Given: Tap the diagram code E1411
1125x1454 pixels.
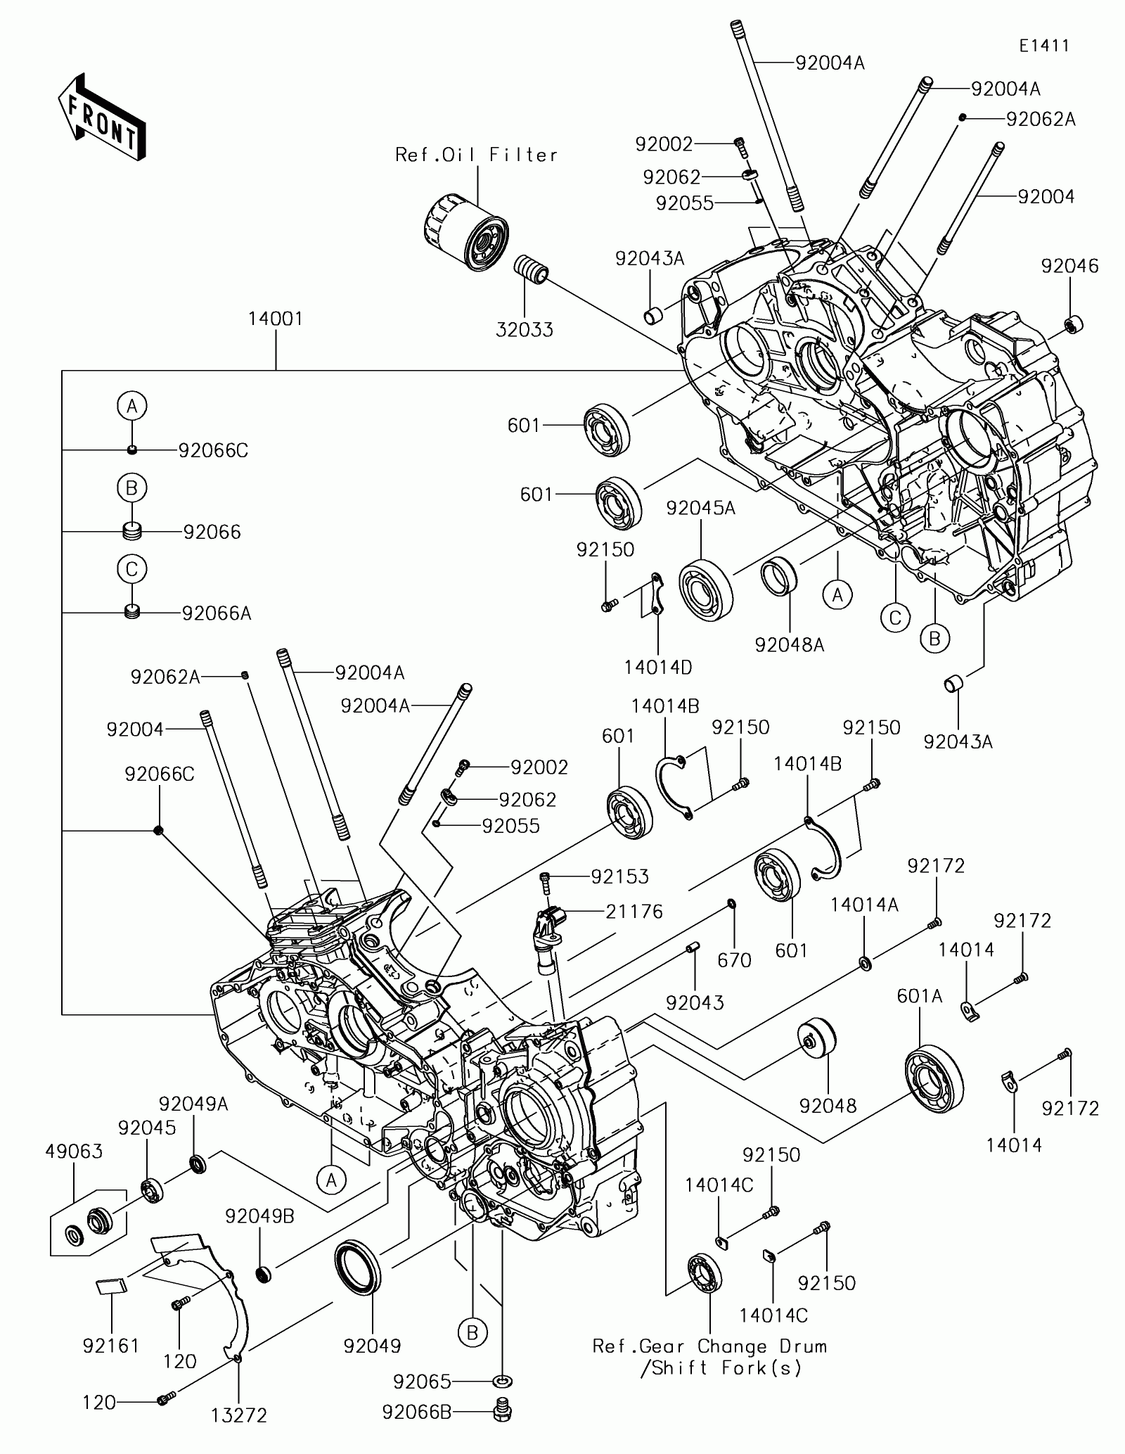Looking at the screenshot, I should tap(1045, 46).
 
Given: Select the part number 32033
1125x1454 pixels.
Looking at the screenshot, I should tap(525, 329).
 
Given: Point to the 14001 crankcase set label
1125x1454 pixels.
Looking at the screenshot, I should tap(275, 319).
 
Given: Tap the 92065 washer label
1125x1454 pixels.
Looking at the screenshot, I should tap(422, 1382).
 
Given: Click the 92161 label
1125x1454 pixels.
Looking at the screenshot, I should tap(111, 1346).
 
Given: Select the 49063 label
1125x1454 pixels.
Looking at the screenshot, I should tap(74, 1152).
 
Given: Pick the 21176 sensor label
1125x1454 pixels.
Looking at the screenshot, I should tap(635, 912).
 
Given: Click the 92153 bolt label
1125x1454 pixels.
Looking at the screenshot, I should tap(619, 876).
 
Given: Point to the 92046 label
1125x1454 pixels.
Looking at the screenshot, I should tap(1069, 266).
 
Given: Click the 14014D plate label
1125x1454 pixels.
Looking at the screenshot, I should tap(658, 666).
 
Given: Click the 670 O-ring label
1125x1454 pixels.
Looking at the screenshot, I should tap(735, 959).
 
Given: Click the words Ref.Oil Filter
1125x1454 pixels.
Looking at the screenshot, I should tap(476, 155).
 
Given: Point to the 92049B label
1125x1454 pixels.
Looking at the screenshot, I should tap(259, 1216).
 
